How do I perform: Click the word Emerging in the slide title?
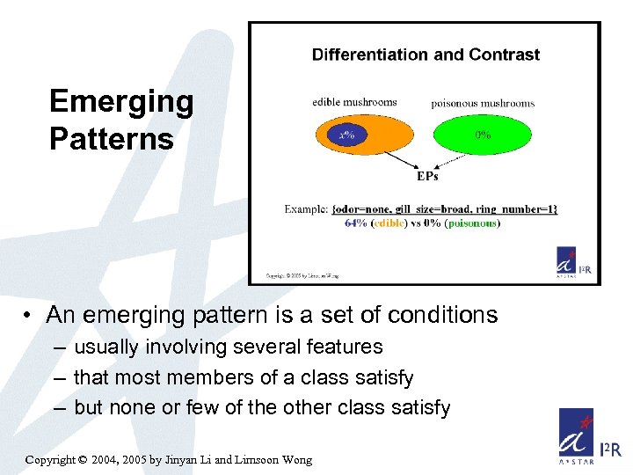121,102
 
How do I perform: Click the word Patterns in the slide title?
112,139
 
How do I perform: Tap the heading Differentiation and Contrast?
426,55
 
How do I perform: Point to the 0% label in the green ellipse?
483,135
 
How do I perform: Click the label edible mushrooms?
354,102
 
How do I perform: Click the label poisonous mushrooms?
483,103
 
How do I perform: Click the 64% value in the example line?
356,223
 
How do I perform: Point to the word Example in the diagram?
306,209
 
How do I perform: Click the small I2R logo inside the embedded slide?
575,261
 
